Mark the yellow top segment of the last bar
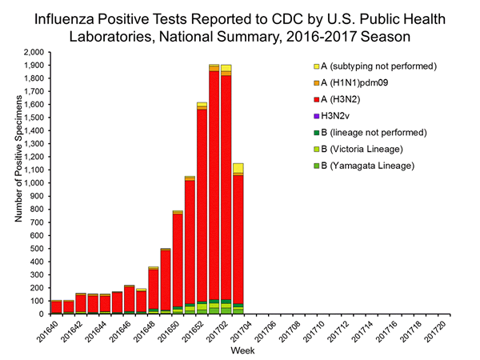coord(238,168)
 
